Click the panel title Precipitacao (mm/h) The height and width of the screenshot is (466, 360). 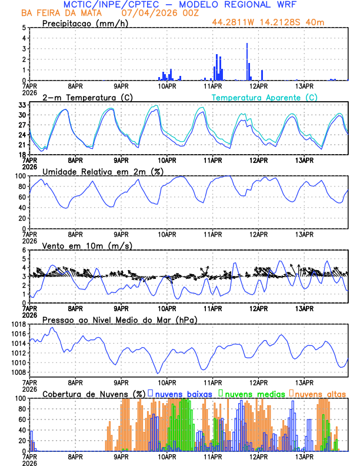(86, 23)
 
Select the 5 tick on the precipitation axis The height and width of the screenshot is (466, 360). (24, 28)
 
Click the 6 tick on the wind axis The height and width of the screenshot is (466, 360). (24, 250)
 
